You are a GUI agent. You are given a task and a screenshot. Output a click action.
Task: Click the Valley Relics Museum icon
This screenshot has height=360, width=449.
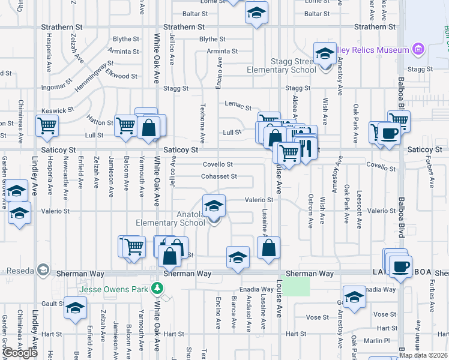418,49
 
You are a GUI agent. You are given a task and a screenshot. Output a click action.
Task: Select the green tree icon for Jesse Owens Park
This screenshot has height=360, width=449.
158,288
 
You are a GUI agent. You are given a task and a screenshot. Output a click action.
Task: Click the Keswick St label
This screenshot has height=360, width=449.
57,111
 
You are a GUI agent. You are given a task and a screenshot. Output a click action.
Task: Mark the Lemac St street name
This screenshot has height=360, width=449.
238,107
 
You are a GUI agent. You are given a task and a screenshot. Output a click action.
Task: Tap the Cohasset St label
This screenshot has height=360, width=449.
218,176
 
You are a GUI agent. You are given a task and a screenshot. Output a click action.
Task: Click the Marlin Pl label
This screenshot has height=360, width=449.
377,341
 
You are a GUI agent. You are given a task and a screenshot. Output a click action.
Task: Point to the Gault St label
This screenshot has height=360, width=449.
52,304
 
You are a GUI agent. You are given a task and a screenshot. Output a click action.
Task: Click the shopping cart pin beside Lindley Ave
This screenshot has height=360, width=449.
47,127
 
